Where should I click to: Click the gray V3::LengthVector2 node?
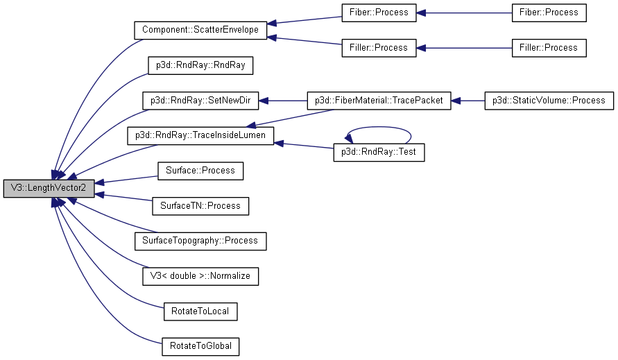[49, 188]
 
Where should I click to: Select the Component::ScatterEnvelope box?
[200, 30]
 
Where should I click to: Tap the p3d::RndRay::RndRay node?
[200, 66]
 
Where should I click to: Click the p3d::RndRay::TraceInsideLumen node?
[200, 135]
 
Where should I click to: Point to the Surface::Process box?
[200, 171]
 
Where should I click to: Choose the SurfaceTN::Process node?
[200, 205]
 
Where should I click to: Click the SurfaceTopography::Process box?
[200, 241]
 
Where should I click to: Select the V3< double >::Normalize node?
[200, 276]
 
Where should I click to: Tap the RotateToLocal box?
[200, 311]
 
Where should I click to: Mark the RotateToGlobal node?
[200, 346]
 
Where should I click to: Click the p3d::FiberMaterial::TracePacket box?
[379, 101]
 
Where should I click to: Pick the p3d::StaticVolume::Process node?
[549, 101]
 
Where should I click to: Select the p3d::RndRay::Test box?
[379, 153]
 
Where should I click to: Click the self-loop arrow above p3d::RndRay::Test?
[379, 127]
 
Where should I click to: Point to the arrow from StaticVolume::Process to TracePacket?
[468, 101]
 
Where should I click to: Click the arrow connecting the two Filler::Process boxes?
[464, 48]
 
